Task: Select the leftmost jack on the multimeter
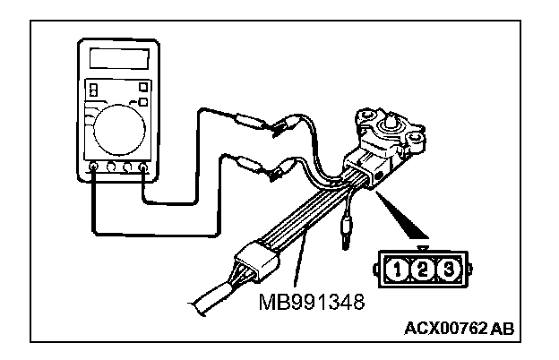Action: click(x=94, y=166)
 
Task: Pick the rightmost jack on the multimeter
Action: click(x=143, y=166)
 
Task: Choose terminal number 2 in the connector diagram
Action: click(x=422, y=267)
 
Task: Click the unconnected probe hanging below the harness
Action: click(x=345, y=235)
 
